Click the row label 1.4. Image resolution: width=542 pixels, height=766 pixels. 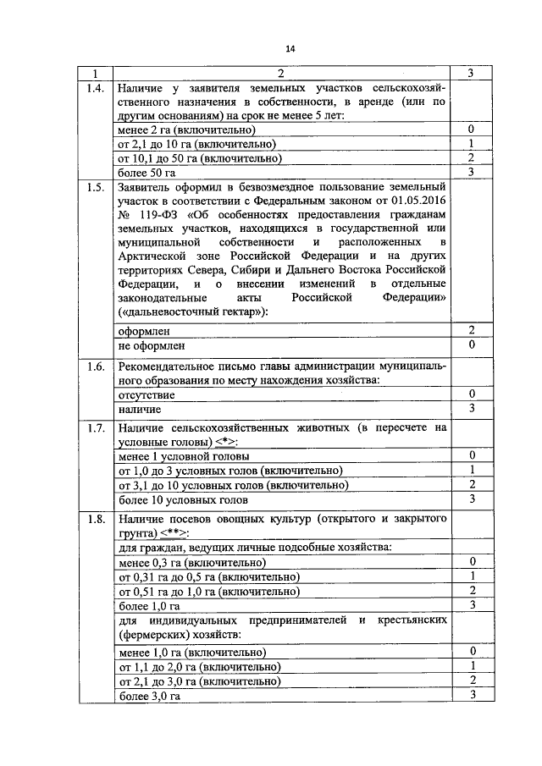97,88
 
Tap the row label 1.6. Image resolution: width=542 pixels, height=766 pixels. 97,366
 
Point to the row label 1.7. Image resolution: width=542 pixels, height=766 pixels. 97,427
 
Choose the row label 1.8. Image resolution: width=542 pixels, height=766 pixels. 97,518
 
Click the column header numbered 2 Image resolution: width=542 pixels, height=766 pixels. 280,74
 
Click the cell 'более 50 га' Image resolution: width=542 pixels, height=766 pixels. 147,173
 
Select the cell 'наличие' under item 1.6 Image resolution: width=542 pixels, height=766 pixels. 140,409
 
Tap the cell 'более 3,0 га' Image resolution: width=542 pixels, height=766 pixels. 150,696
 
